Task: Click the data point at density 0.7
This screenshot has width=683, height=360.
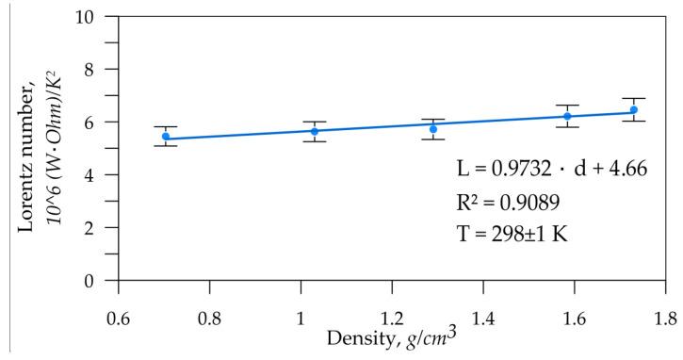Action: [166, 137]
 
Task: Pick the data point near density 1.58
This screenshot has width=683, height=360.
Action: [567, 116]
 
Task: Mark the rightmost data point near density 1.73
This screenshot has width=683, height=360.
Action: [634, 109]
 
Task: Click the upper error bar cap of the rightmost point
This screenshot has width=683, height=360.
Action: [634, 98]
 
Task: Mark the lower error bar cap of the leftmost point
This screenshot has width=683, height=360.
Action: [166, 146]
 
